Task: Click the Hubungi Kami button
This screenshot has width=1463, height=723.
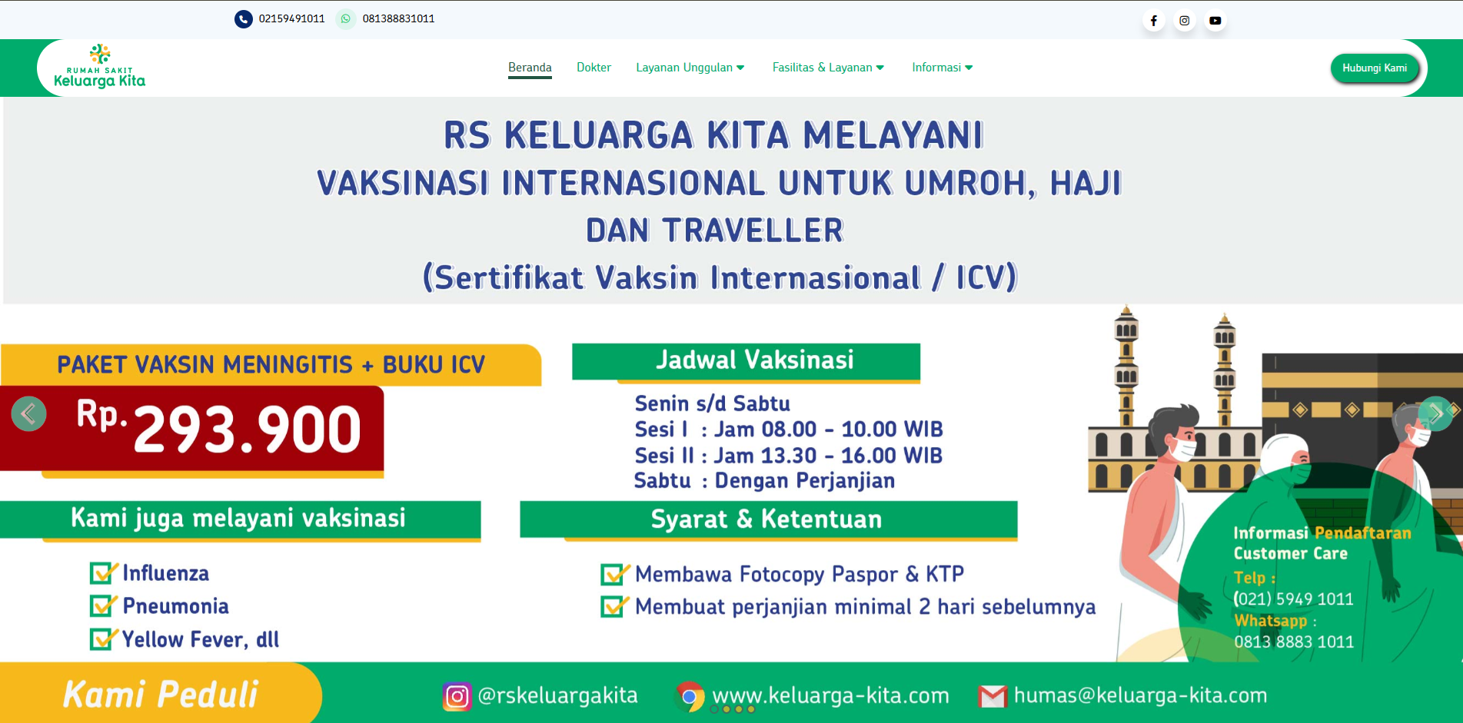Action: pos(1374,68)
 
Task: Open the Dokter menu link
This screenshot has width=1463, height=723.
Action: pos(594,68)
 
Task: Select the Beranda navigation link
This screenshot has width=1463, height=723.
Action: pos(530,68)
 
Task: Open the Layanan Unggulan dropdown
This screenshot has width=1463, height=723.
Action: pos(690,68)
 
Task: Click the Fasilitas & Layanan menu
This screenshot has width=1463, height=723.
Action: pos(828,68)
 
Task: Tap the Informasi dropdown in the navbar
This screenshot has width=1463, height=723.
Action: pos(942,68)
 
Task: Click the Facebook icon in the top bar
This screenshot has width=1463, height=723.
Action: pos(1153,21)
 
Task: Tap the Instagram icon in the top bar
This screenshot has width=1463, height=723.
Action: pos(1184,21)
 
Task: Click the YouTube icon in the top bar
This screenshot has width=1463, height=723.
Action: pos(1215,21)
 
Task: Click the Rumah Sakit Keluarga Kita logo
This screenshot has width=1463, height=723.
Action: pos(99,68)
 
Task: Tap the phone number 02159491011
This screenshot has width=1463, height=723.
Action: pos(291,18)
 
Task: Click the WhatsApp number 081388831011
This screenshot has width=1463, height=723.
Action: pos(398,18)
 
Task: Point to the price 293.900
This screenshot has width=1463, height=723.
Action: pos(247,429)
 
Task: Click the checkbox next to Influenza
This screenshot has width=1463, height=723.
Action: pos(101,573)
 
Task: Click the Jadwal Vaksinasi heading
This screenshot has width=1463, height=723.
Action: pos(754,360)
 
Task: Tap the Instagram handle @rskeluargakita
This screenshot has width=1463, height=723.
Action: pos(557,695)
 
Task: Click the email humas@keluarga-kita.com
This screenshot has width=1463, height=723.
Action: pos(1139,695)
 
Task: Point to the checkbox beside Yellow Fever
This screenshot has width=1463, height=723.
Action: pos(101,639)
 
